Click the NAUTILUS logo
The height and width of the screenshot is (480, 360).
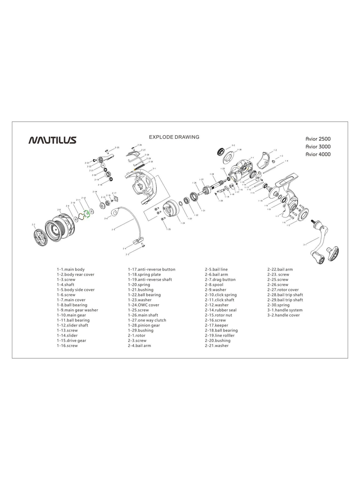52,140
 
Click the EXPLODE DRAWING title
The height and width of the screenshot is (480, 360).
174,137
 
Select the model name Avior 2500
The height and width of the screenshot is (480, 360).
318,139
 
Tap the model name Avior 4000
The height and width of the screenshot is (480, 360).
318,154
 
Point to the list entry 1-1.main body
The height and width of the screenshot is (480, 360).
71,269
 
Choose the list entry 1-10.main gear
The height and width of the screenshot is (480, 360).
71,315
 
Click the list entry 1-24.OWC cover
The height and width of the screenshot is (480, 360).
143,305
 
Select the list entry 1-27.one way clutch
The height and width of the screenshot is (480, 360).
147,320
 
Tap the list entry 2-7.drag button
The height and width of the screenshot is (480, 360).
220,279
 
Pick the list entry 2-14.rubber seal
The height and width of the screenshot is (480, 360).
221,310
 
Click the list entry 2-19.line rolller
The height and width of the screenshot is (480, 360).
220,335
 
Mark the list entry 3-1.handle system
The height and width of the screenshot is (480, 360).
285,310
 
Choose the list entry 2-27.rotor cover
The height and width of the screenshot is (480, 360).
283,290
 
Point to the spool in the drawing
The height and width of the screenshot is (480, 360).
59,227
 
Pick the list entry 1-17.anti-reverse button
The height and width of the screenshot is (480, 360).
152,269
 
